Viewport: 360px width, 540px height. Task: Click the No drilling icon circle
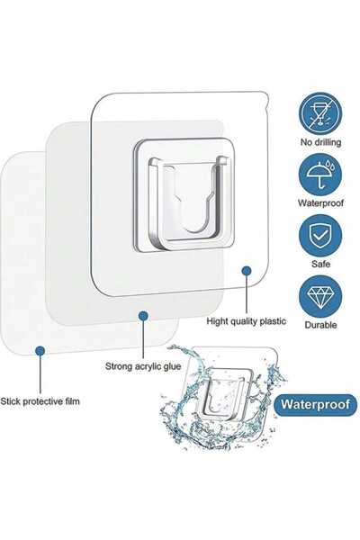point(320,114)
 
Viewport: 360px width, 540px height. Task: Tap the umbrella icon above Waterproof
point(320,175)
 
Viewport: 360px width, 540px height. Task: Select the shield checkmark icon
point(320,236)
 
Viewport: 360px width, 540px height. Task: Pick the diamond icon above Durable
point(320,297)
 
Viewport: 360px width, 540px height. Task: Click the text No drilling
point(320,142)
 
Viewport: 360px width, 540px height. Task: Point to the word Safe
point(320,264)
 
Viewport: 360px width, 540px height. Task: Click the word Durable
point(320,325)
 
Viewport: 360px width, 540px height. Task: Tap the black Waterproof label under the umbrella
point(320,202)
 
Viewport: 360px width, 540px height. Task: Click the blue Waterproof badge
point(315,404)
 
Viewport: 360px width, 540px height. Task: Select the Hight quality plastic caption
point(246,321)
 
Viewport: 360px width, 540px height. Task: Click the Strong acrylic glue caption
point(143,366)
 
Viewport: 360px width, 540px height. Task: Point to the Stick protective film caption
point(40,401)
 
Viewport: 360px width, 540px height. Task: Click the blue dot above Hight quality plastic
point(247,271)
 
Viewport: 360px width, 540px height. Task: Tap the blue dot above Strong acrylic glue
point(143,315)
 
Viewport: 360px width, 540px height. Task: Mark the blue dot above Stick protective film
point(40,351)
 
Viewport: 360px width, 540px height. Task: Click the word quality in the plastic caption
point(244,321)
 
